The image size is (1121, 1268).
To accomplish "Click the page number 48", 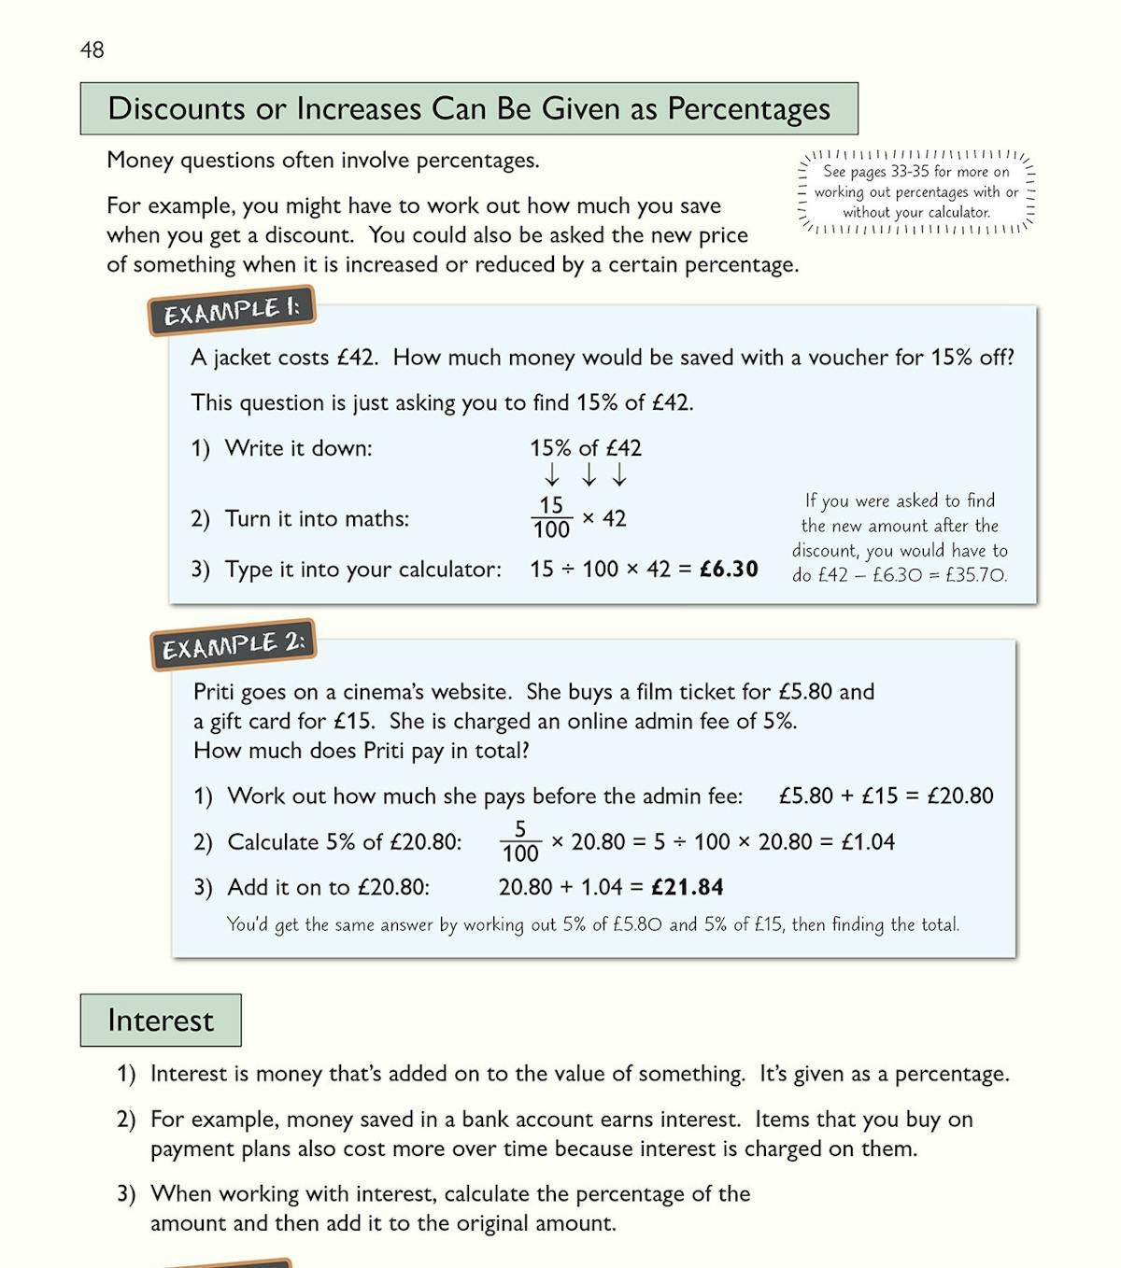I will [x=92, y=49].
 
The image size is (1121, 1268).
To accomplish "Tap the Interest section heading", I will [x=161, y=1020].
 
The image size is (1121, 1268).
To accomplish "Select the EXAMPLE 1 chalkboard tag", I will [x=232, y=310].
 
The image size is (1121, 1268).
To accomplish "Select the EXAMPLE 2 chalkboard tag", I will [x=234, y=644].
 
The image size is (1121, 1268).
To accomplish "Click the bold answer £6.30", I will [x=729, y=569].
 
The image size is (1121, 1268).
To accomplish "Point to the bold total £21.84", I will [x=688, y=887].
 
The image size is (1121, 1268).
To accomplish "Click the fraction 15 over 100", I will [x=551, y=517].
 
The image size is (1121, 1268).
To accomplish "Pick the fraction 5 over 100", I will [x=520, y=841].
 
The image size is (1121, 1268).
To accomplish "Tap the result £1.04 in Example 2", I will [x=868, y=841].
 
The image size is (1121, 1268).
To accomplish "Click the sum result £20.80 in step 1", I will [x=960, y=796].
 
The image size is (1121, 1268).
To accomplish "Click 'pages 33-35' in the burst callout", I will [x=888, y=172].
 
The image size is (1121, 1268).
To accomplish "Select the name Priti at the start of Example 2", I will [x=214, y=692].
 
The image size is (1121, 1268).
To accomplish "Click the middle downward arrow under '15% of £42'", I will [x=589, y=475].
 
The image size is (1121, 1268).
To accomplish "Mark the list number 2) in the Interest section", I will [x=126, y=1119].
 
